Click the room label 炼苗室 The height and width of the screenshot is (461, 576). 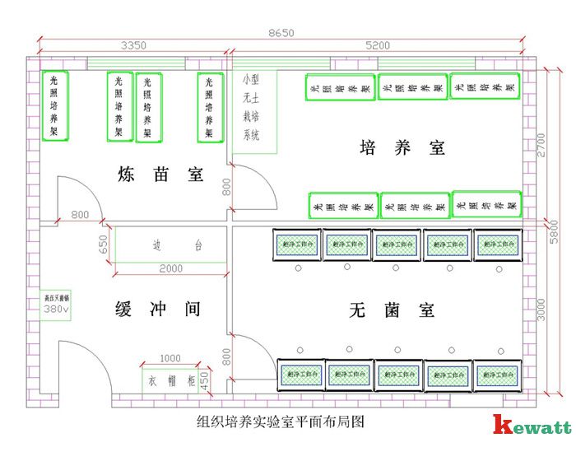160,175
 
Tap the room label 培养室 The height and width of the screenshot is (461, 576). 402,148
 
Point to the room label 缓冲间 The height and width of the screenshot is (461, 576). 157,310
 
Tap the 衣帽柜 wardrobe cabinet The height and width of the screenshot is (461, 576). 169,381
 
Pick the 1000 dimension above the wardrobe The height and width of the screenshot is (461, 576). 170,359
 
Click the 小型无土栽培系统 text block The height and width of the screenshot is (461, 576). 251,108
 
